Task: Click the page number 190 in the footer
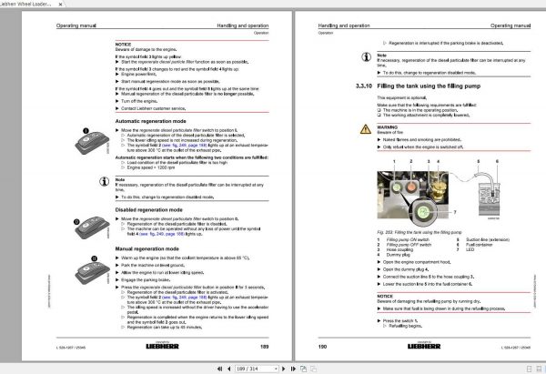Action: [298, 347]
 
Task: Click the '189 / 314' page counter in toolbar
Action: [273, 367]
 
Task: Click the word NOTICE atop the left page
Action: [124, 43]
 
